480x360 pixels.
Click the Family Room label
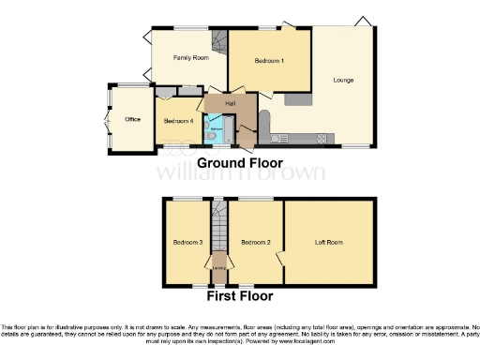(x=189, y=57)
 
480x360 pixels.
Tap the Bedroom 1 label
(x=269, y=61)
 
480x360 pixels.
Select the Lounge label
(x=343, y=81)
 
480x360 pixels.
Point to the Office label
(x=131, y=119)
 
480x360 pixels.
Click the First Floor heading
(x=240, y=296)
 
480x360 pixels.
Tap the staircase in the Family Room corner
(x=219, y=41)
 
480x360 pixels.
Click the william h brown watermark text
(x=240, y=172)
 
